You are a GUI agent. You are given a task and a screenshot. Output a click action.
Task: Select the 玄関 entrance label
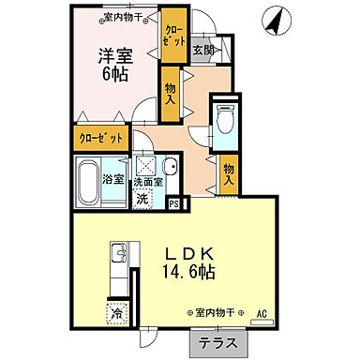pos(203,50)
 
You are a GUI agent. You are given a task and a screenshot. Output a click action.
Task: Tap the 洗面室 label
pos(145,182)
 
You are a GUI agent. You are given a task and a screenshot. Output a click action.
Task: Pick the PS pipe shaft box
pos(173,201)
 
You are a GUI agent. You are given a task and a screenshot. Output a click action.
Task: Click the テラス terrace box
pos(217,344)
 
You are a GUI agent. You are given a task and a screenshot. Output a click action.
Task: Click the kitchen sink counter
pos(118,267)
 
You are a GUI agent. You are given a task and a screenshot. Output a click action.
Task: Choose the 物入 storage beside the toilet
pos(231,172)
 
